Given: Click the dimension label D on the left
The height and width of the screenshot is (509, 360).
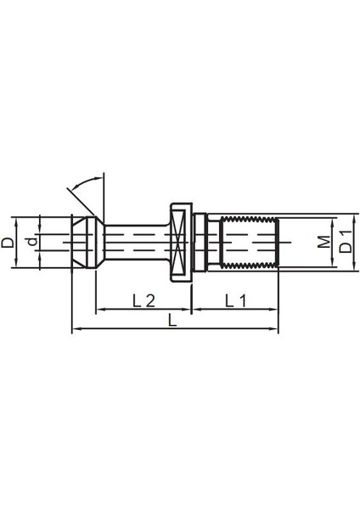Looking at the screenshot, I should (8, 243).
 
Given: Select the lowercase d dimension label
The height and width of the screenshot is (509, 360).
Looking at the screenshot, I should (31, 243).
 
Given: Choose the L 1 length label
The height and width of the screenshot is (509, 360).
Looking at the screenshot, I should (235, 300).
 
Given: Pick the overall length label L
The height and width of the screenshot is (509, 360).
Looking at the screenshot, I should (174, 320).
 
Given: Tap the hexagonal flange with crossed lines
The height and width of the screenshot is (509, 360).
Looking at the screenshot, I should (179, 242).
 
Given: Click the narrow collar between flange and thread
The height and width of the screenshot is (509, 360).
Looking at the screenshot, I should (199, 242).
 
